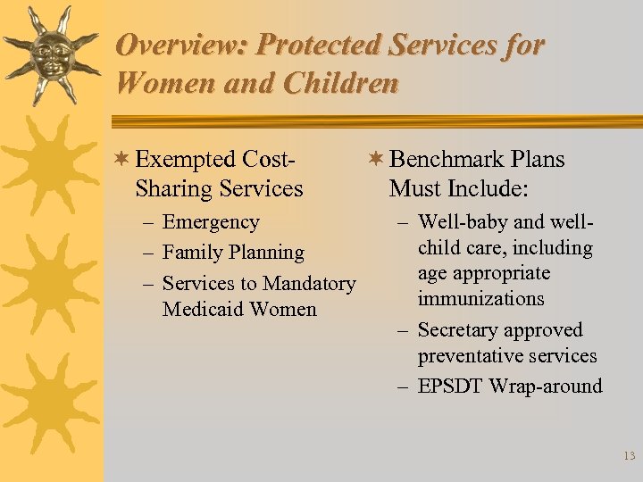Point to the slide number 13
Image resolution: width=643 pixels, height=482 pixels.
coord(629,456)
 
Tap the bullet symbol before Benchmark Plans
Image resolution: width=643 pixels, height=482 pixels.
coord(376,160)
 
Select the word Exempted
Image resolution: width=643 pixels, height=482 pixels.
coord(185,160)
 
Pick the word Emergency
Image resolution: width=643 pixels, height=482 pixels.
coord(211,222)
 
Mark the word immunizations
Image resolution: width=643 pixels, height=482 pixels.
coord(480,298)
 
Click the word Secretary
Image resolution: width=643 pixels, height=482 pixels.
coord(457,330)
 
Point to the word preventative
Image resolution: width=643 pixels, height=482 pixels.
coord(468,356)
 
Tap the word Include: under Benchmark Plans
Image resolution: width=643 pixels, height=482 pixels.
coord(483,189)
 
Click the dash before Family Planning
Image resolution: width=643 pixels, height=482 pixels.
coord(149,253)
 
